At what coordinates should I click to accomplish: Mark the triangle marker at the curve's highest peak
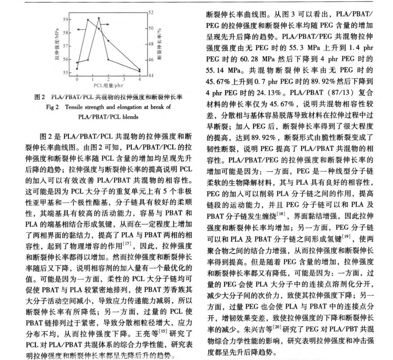point(99,18)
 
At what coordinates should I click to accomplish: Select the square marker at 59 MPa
point(88,20)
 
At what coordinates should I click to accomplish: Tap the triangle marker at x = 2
point(109,59)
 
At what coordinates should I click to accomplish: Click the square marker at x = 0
point(77,69)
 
